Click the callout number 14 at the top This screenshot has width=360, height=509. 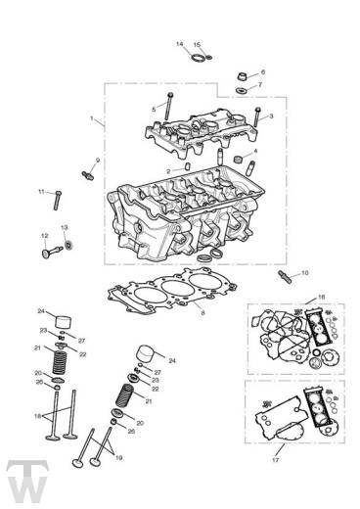pos(180,44)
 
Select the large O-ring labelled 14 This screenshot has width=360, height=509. pos(198,58)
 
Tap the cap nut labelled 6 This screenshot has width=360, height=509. pos(242,77)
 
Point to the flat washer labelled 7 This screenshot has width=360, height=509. pos(242,90)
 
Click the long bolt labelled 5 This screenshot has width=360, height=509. pos(169,107)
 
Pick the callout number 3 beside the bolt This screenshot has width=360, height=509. pos(271,116)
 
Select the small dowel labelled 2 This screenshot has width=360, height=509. pos(187,166)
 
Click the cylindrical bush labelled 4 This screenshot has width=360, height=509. pos(240,160)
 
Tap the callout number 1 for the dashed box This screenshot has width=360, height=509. pos(92,117)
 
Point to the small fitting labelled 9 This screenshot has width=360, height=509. pos(87,175)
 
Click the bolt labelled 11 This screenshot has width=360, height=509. pos(58,201)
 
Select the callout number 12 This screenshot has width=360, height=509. pos(45,236)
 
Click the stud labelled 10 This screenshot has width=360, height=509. pos(285,277)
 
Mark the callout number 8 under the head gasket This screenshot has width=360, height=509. pos(202,312)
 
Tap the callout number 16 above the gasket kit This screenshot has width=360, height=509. pos(321,298)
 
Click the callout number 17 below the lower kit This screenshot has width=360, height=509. pos(275,460)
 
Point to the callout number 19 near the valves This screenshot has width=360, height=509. pos(118,458)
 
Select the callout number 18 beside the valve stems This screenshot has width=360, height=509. pos(38,416)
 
